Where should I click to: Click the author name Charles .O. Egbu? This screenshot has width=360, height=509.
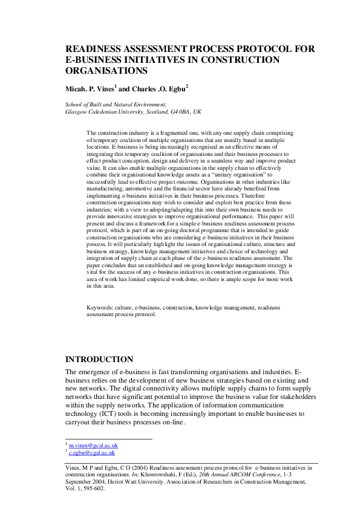pyautogui.click(x=159, y=89)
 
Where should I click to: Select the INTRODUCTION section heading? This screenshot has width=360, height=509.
pyautogui.click(x=99, y=359)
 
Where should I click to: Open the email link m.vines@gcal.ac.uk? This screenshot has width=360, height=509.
pyautogui.click(x=93, y=445)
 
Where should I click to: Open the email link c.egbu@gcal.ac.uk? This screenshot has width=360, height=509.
pyautogui.click(x=92, y=452)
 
